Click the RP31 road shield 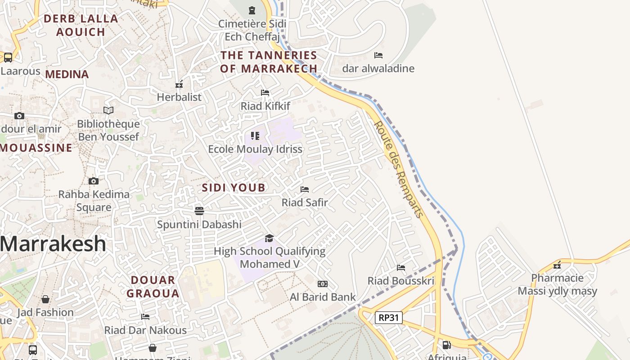[x=388, y=318]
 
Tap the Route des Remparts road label [x=399, y=169]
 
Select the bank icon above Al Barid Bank [x=323, y=284]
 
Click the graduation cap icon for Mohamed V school [x=269, y=238]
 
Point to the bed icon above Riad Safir [x=305, y=189]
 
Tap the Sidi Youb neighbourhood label [x=234, y=188]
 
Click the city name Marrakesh [x=53, y=244]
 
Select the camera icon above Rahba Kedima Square [x=94, y=181]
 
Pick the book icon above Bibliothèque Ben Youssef [x=108, y=110]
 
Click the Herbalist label [x=179, y=97]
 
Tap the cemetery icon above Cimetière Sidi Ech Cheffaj [x=252, y=10]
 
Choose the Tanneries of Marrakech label [x=269, y=62]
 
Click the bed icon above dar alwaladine [x=378, y=55]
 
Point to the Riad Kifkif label [x=265, y=106]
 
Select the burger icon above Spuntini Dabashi [x=199, y=211]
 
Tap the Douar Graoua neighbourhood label [x=153, y=287]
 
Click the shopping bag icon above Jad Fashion [x=45, y=299]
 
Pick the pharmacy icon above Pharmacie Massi [x=557, y=265]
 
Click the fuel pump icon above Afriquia [x=446, y=345]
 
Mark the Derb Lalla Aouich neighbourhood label [x=81, y=25]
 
